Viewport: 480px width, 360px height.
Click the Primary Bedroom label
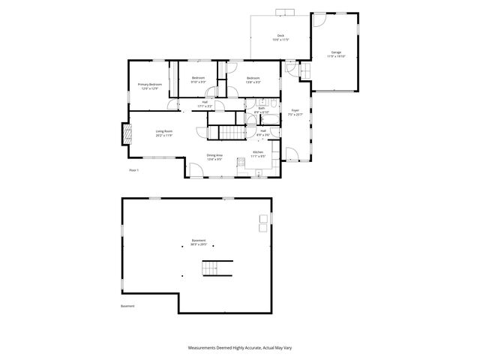point(149,86)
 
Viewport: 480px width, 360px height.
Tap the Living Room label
point(164,133)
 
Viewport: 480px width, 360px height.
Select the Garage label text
point(337,54)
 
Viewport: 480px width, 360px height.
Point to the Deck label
point(280,37)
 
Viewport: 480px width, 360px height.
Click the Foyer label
point(295,112)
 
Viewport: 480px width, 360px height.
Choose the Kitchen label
point(257,154)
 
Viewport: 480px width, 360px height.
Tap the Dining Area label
point(214,157)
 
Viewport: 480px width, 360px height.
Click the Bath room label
point(262,110)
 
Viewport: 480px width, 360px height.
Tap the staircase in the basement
point(217,268)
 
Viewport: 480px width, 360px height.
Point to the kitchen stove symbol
point(241,163)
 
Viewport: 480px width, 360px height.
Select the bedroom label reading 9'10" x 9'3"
point(198,80)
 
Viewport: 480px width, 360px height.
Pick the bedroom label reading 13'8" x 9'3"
point(253,80)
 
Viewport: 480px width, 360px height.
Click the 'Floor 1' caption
point(134,171)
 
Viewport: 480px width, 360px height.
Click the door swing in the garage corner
point(305,72)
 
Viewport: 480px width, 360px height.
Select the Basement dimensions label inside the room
point(198,243)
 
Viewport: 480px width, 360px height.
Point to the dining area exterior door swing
point(194,170)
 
